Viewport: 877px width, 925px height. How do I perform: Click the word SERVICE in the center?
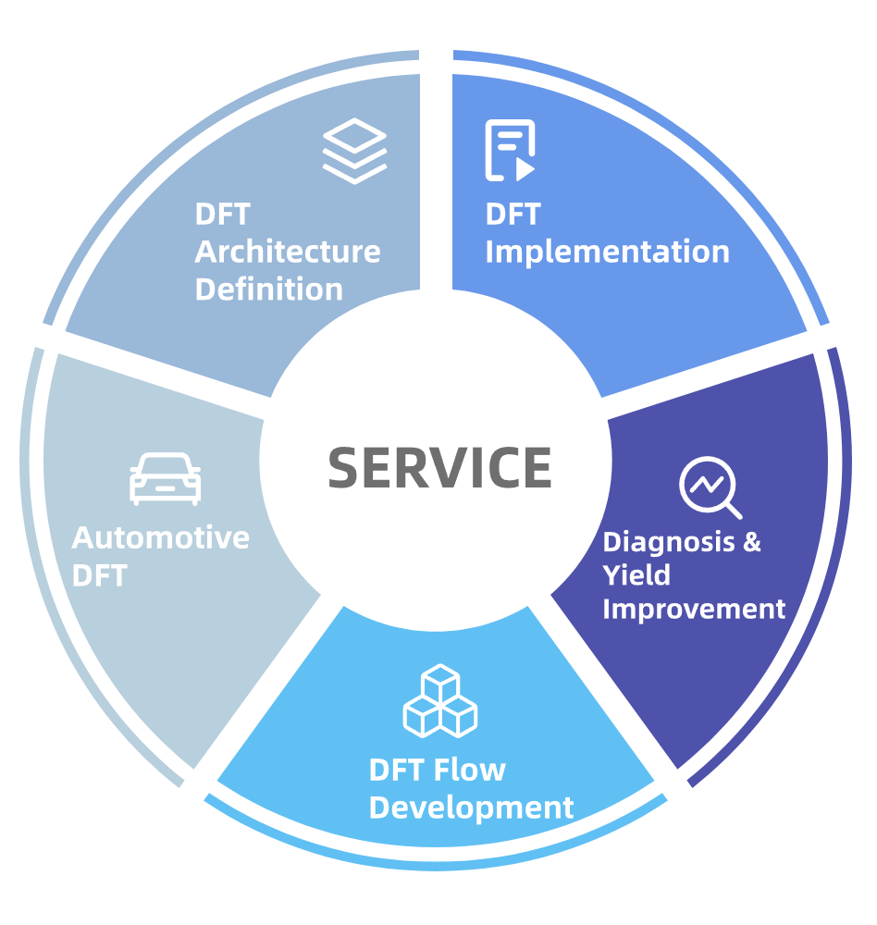coord(439,466)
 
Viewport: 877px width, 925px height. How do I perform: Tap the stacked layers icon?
coord(354,153)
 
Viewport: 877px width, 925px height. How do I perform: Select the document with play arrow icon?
coord(510,150)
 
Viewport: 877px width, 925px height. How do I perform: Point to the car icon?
coord(165,479)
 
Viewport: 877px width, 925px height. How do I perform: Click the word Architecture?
coord(288,252)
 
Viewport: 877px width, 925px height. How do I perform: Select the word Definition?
coord(269,289)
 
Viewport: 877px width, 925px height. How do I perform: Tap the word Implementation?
coord(607,252)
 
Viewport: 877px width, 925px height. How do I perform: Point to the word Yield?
coord(636,575)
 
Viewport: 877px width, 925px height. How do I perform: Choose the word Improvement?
coord(694,610)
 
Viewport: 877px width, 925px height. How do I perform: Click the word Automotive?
coord(161,537)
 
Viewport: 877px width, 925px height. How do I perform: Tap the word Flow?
coord(474,770)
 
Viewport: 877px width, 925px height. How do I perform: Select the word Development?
coord(471,807)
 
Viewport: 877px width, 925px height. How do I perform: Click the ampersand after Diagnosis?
coord(751,541)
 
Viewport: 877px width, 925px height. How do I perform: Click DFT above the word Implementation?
coord(513,215)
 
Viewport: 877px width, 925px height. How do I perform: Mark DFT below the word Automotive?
coord(99,575)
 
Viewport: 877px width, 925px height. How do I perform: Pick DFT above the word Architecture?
coord(222,215)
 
